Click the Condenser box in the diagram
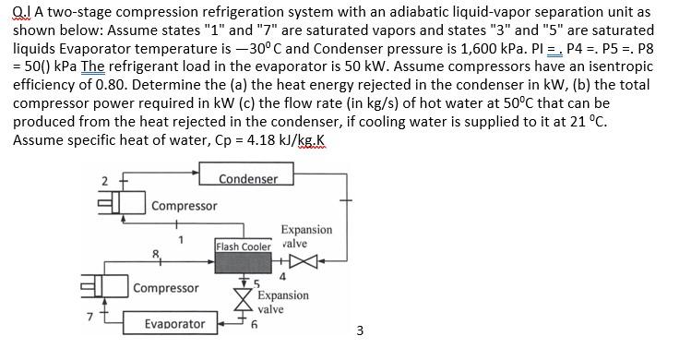[x=248, y=178]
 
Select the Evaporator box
[x=175, y=323]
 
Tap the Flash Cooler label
[x=243, y=246]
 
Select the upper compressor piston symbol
[x=125, y=204]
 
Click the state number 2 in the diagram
[x=105, y=179]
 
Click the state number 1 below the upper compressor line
[x=181, y=240]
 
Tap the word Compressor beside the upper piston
[x=185, y=205]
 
